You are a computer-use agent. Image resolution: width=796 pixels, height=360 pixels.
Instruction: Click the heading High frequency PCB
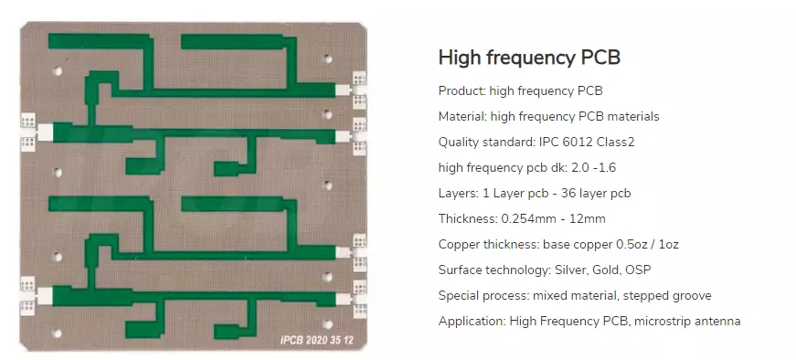529,58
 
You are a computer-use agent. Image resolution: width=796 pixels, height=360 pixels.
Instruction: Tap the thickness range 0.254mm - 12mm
553,218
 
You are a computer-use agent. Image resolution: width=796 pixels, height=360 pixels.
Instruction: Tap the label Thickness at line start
466,218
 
